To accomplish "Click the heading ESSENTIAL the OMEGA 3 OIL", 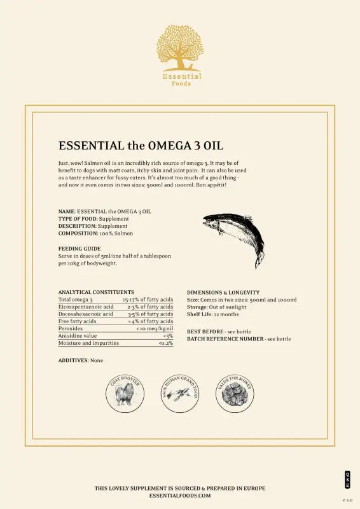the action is (141, 146).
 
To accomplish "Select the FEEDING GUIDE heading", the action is (80, 248).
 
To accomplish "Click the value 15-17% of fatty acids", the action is (148, 299).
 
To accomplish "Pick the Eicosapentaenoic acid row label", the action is (86, 307).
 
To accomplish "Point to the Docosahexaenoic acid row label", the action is (86, 314).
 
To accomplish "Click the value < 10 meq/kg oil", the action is (155, 328).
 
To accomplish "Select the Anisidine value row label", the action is (78, 336).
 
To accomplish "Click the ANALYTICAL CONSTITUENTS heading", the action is (96, 292).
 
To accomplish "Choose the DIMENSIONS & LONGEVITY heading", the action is (223, 292).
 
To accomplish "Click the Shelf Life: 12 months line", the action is (212, 314).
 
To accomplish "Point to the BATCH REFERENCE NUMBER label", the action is (225, 339).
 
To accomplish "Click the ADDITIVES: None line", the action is (81, 360).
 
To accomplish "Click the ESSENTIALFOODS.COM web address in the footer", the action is (180, 494).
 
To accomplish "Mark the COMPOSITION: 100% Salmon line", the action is (95, 234).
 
